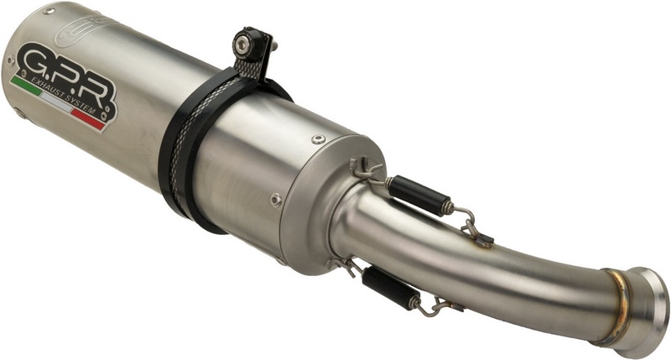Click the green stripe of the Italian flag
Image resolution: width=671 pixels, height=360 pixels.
pyautogui.click(x=26, y=86)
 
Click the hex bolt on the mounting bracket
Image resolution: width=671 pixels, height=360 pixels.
pyautogui.click(x=243, y=41)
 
